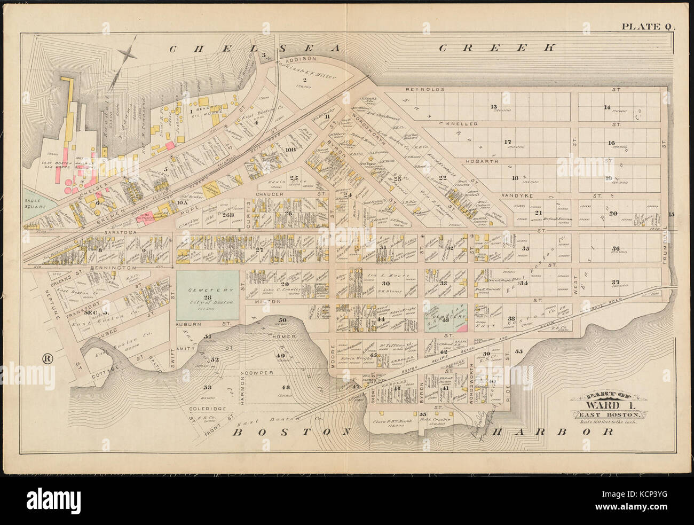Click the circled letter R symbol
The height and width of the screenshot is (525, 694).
pyautogui.click(x=47, y=358)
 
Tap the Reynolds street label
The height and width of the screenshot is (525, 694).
pyautogui.click(x=425, y=90)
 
